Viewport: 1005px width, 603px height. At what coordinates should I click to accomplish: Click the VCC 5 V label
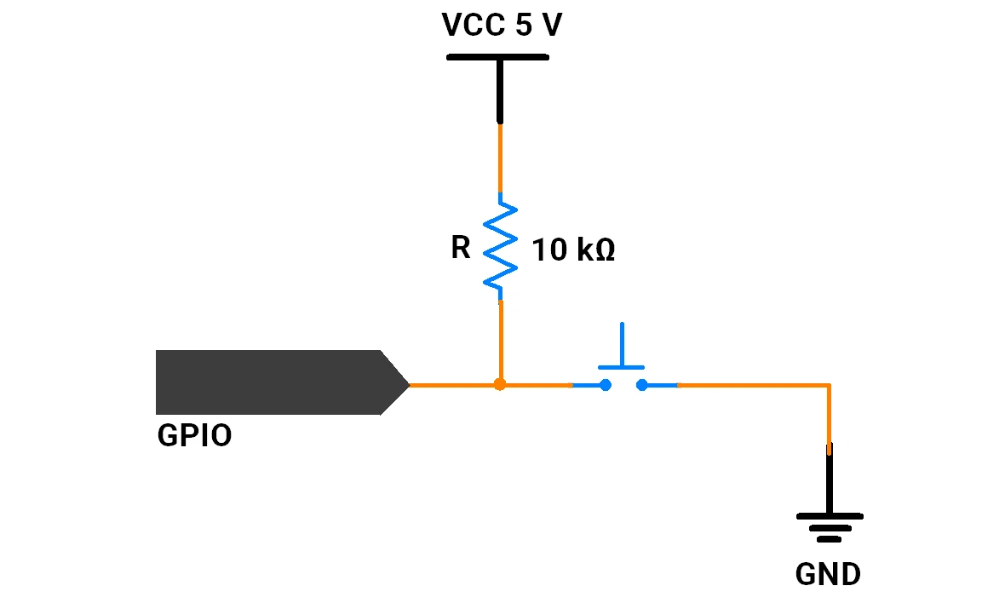502,25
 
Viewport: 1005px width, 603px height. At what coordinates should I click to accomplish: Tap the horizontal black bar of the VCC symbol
498,58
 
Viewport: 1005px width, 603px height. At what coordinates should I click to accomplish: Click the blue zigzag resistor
500,247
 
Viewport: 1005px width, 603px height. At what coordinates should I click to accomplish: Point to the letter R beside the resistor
460,247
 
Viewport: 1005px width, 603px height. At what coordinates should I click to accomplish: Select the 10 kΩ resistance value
574,250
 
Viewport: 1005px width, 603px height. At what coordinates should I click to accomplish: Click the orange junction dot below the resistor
500,384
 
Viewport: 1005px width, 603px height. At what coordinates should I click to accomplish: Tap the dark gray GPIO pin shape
282,382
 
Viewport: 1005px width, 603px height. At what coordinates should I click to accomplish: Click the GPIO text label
194,436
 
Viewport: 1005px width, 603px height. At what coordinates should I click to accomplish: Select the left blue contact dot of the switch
605,385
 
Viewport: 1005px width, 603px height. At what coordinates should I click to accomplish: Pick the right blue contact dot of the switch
641,385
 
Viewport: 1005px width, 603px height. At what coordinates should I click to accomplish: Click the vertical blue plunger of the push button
622,344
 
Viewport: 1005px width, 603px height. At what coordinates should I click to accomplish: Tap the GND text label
828,574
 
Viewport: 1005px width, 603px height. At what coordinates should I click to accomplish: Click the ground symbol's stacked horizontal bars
830,527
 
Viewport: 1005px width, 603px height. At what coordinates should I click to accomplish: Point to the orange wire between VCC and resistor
500,157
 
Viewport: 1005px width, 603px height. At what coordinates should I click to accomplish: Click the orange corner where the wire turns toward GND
830,385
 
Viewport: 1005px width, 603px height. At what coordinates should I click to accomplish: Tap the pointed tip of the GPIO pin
408,384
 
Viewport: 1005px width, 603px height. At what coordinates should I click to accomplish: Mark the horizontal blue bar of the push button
621,368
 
